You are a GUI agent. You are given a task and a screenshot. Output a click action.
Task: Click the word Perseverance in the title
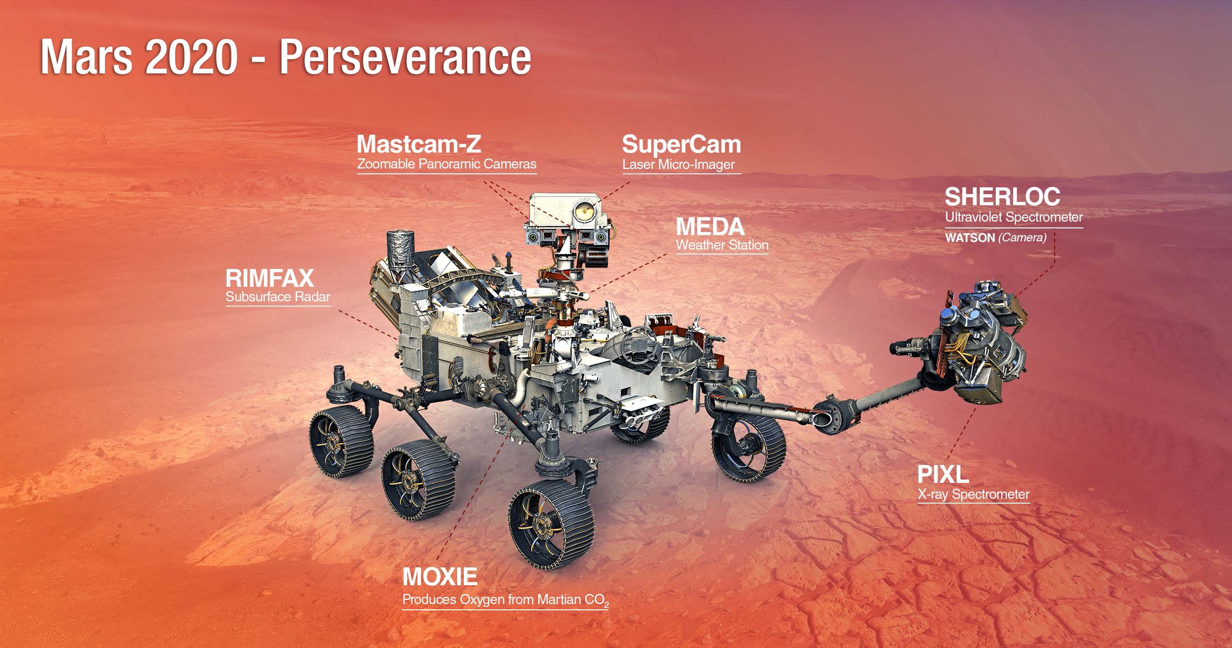(x=405, y=58)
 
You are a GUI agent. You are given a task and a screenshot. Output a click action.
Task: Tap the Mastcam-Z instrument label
(x=419, y=143)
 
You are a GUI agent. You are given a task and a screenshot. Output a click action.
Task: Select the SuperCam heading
(x=681, y=145)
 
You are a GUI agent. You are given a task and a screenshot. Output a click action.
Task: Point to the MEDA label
(x=710, y=226)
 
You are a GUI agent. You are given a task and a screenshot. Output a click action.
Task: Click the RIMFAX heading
(x=270, y=279)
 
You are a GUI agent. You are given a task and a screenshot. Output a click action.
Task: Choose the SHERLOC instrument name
(x=1003, y=197)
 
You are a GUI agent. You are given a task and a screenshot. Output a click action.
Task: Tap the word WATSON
(x=970, y=238)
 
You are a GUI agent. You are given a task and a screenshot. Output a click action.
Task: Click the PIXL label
(x=943, y=475)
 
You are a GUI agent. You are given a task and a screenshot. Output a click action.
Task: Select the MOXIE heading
(x=440, y=576)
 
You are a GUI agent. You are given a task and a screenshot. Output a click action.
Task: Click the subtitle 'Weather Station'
(x=722, y=245)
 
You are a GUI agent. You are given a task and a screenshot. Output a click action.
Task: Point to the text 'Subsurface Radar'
(x=278, y=296)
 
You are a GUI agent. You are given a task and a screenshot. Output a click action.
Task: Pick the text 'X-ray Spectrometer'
(x=974, y=494)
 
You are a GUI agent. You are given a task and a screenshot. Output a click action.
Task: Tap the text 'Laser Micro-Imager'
(x=678, y=165)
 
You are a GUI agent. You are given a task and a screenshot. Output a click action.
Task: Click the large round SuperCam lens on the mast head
(x=584, y=209)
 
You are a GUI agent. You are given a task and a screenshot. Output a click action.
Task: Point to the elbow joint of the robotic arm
(x=832, y=411)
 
